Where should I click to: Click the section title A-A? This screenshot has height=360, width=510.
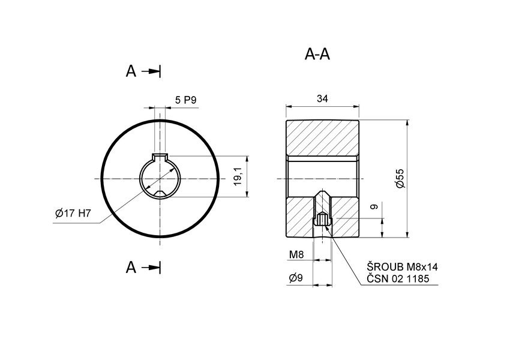click(317, 55)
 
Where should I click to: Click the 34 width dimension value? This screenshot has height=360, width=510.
click(322, 99)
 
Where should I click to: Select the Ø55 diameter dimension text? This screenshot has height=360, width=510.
click(400, 179)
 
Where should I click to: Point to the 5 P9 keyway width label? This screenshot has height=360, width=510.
click(186, 100)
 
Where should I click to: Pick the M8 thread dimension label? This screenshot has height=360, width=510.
click(296, 254)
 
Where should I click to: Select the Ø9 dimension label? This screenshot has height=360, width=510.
click(296, 278)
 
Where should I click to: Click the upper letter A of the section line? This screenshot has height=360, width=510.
click(131, 71)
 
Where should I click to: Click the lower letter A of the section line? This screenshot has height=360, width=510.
click(131, 268)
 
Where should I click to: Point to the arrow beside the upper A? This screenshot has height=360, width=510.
click(152, 71)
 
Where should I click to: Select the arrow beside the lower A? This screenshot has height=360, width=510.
click(152, 268)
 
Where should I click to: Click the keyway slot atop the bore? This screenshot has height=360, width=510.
click(160, 157)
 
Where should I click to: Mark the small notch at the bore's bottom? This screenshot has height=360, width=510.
click(160, 193)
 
